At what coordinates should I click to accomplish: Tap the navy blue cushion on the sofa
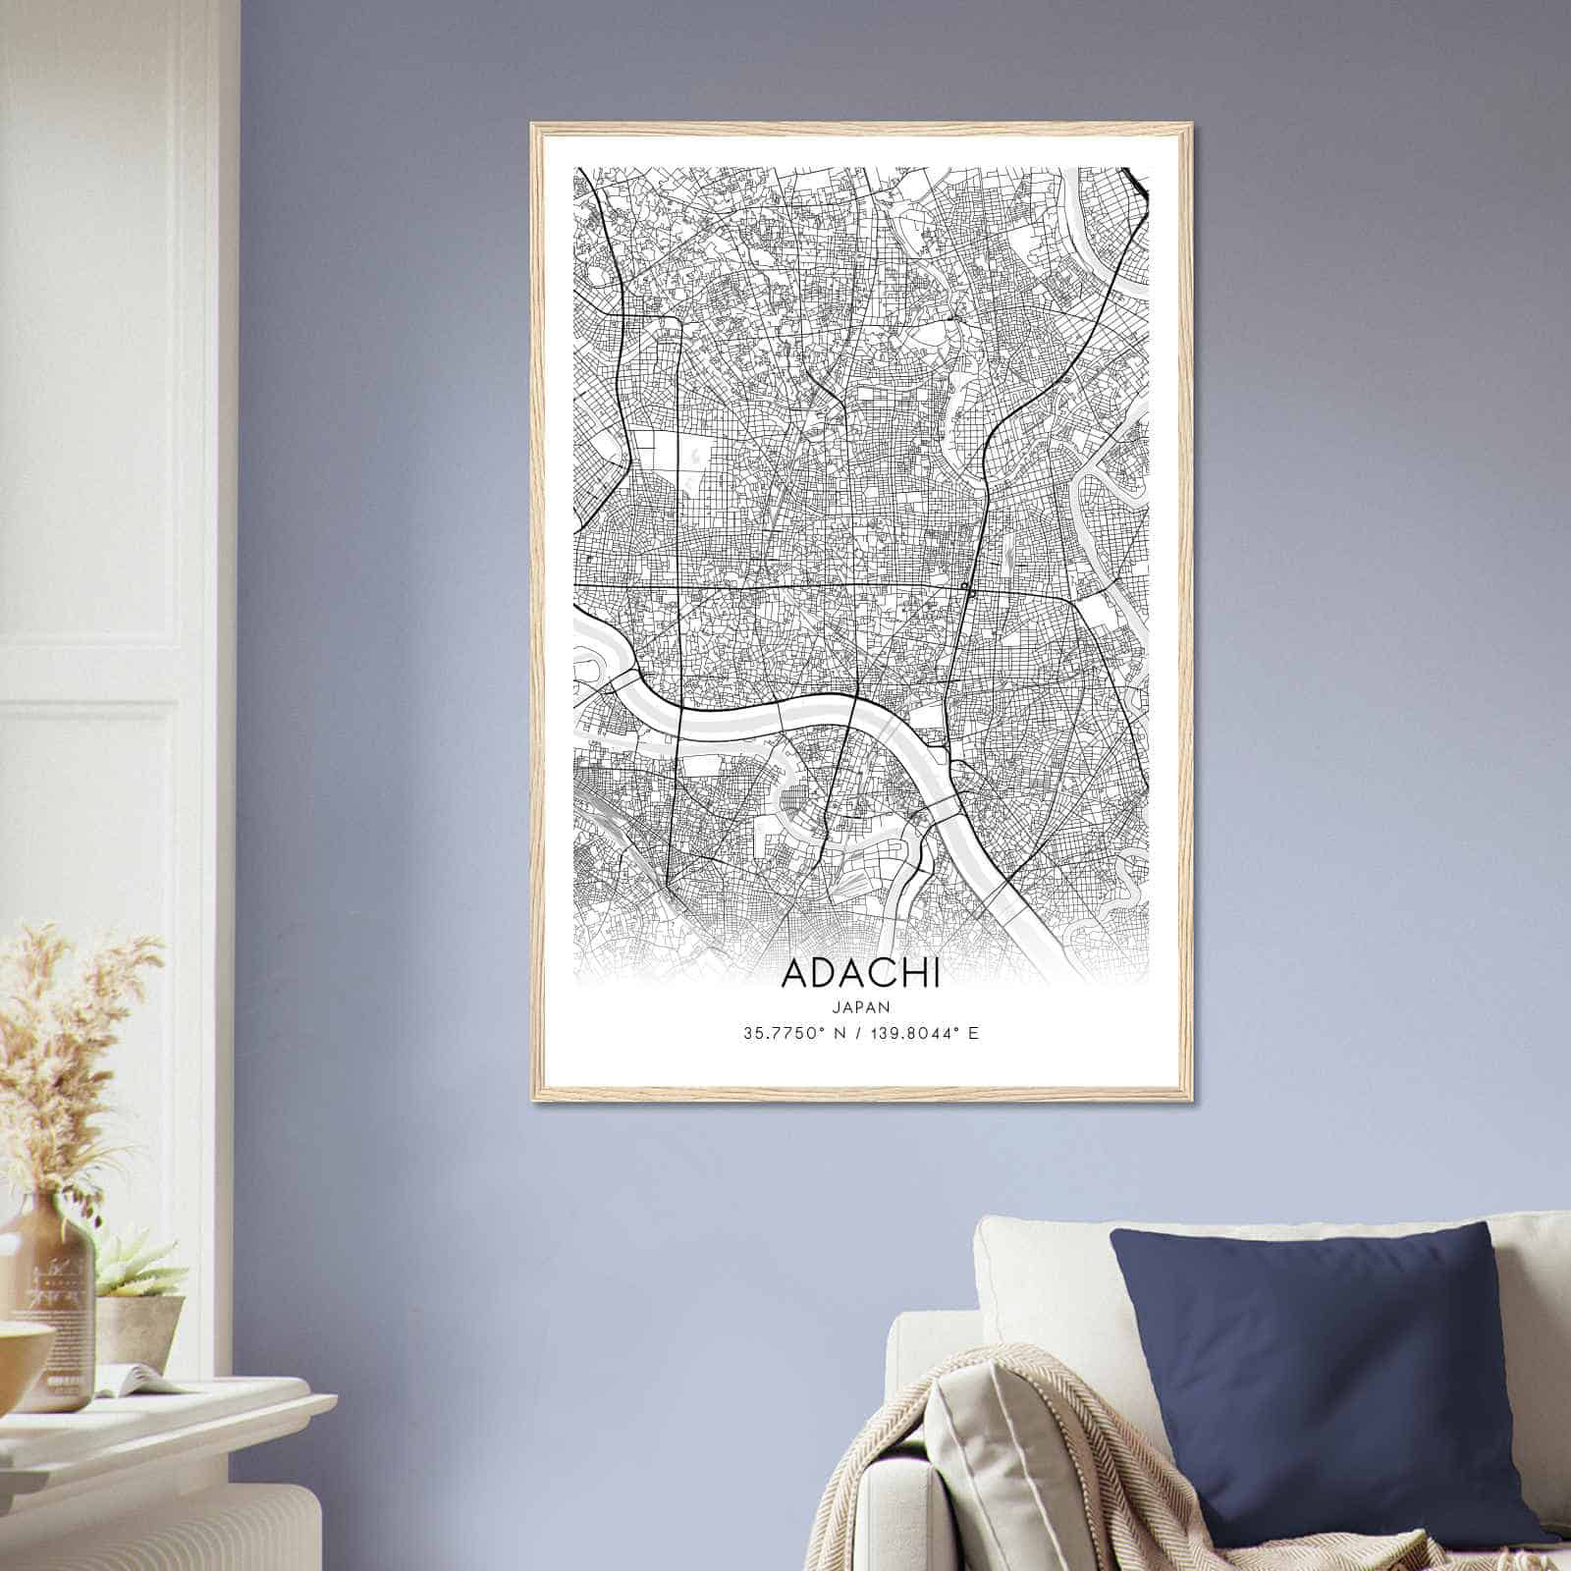(1316, 1375)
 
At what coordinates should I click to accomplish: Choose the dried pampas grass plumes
(69, 1031)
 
